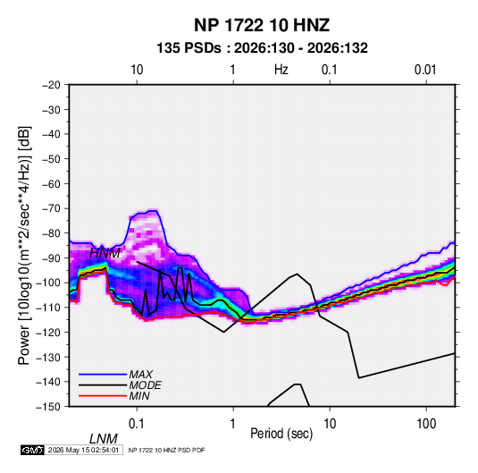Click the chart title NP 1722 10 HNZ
[262, 25]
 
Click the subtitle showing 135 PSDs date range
[262, 48]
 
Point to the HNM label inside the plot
[105, 253]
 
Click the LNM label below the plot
[103, 439]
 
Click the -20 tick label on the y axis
[51, 85]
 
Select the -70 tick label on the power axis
[51, 208]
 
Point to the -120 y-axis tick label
[49, 333]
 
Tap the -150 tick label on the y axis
[49, 407]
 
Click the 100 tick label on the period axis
[426, 424]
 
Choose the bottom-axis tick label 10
[330, 424]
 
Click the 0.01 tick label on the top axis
[425, 70]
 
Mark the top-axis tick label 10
[137, 70]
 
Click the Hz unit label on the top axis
[281, 70]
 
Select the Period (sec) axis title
[281, 434]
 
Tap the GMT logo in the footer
[32, 450]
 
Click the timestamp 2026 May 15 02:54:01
[83, 450]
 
